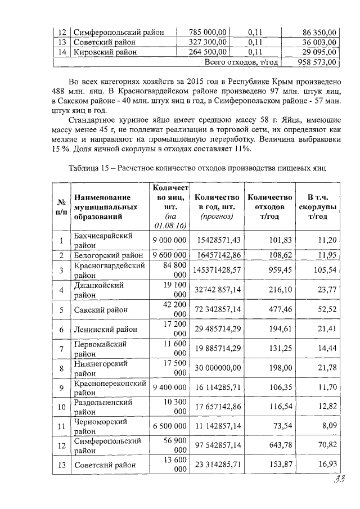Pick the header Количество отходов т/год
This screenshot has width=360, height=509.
point(269,206)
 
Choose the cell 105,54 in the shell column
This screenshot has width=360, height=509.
point(326,270)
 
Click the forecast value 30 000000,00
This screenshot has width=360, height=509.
point(218,368)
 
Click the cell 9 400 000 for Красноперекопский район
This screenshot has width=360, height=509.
point(169,388)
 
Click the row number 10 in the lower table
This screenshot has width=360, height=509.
point(60,407)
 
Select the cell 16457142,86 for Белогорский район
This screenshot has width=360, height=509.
point(218,255)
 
